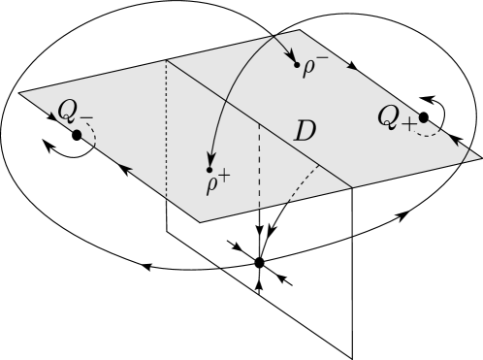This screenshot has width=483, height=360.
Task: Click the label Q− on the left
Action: tap(75, 112)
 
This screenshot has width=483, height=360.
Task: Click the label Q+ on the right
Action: tap(397, 119)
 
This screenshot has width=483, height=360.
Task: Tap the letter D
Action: tap(305, 132)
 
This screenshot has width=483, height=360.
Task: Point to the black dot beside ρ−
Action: tap(297, 64)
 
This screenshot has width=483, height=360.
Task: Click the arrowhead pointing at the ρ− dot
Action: tap(291, 57)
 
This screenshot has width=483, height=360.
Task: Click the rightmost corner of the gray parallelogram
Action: tap(480, 157)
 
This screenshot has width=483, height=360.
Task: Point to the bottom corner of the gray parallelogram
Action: tap(201, 221)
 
